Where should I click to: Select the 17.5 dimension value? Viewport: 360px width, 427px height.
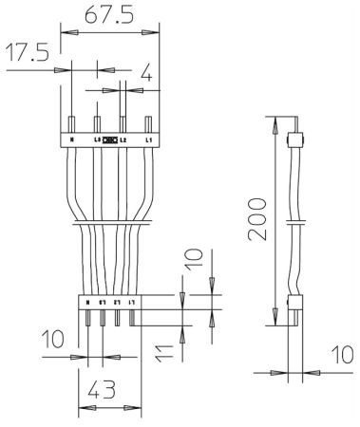27,52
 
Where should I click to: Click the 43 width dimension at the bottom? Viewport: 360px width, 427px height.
101,390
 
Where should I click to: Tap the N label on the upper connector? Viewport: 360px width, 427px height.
72,139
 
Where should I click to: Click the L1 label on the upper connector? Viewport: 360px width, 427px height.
148,139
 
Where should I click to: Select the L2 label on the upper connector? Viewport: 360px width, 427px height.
123,139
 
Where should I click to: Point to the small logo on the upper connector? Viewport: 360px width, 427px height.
110,139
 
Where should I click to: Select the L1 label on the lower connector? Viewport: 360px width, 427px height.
132,301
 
